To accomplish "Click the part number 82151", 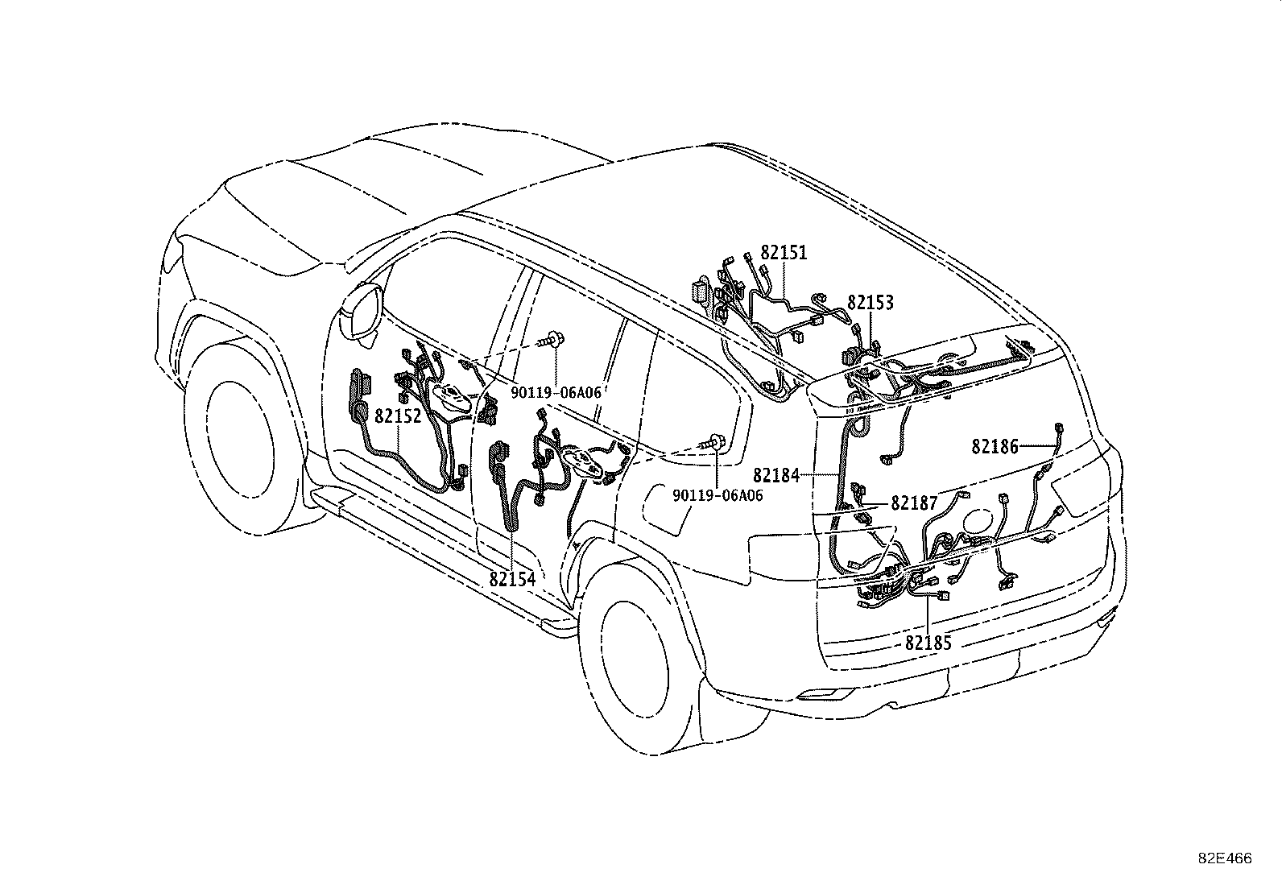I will coord(783,253).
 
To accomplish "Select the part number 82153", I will coord(870,303).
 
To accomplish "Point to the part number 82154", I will coord(511,579).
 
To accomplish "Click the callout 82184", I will coord(776,476).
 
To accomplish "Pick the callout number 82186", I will coord(995,446).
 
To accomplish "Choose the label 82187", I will coord(914,504).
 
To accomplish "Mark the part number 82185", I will coord(928,643).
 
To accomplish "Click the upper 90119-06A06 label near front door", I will coord(556,391).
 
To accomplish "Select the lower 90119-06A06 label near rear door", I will coord(718,496).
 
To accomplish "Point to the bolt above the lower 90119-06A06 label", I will coord(715,440).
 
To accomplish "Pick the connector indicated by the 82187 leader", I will coord(858,489).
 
